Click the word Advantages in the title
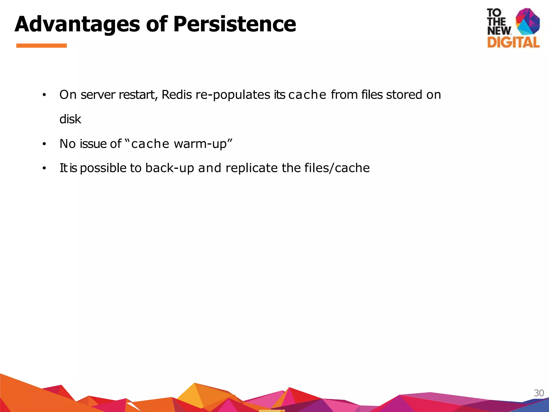tap(77, 24)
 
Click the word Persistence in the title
tap(235, 24)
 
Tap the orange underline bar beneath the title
tap(41, 46)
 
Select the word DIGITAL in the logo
tap(513, 42)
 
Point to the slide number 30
tap(539, 393)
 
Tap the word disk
tap(70, 119)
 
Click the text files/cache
tap(337, 168)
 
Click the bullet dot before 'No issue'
tap(44, 144)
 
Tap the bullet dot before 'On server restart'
tap(44, 95)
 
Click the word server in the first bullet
tap(98, 95)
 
